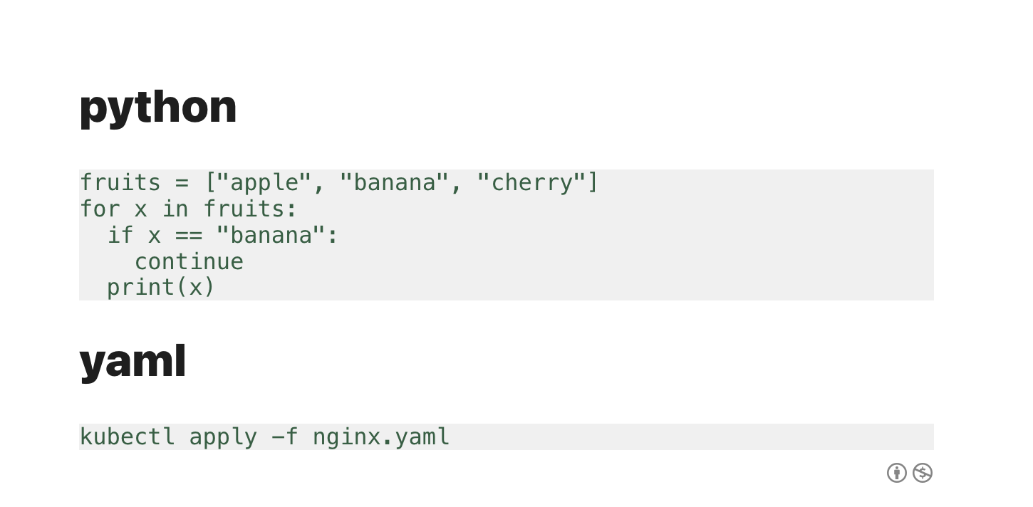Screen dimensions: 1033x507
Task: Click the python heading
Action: click(157, 107)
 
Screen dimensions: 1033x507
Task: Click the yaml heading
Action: click(133, 361)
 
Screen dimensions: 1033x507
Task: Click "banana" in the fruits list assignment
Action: click(395, 183)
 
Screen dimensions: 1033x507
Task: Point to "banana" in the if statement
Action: click(271, 235)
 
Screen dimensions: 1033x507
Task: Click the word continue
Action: click(189, 261)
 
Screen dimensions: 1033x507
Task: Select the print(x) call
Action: click(161, 287)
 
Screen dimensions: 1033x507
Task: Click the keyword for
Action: click(100, 209)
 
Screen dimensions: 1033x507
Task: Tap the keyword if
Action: click(120, 235)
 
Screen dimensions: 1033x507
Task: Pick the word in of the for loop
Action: click(175, 209)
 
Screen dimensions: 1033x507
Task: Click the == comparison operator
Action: click(188, 235)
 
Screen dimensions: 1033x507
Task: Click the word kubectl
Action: click(127, 437)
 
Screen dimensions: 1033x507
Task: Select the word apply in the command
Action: click(223, 437)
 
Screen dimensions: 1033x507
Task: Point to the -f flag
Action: click(285, 437)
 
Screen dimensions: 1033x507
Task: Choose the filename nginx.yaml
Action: click(381, 437)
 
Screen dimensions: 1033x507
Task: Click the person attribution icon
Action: click(897, 473)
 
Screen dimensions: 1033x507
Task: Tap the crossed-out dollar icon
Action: click(923, 473)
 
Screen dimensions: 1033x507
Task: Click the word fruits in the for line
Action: click(244, 209)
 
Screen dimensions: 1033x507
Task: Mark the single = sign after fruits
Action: click(182, 183)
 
